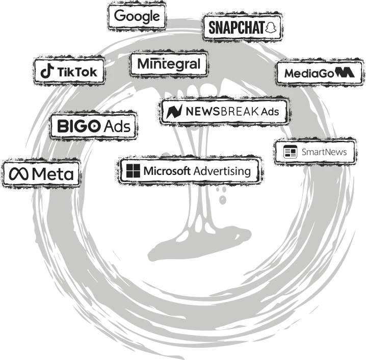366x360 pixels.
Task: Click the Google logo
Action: (x=137, y=16)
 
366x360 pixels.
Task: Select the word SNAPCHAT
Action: (x=237, y=28)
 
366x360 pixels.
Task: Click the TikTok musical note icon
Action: (x=47, y=72)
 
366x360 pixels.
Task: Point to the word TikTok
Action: (x=77, y=72)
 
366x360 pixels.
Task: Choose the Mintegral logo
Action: (x=169, y=64)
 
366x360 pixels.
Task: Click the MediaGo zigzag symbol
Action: (x=345, y=72)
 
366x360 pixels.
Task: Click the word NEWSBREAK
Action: (x=221, y=111)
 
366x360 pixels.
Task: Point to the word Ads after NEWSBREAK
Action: (x=270, y=111)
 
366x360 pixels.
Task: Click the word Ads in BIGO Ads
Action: (x=117, y=126)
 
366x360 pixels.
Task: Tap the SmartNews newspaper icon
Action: (x=290, y=152)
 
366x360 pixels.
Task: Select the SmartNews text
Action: (x=324, y=152)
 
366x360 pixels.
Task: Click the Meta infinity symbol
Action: (x=19, y=174)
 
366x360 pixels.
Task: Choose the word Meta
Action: (x=53, y=174)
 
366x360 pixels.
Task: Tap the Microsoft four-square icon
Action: (x=133, y=171)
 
